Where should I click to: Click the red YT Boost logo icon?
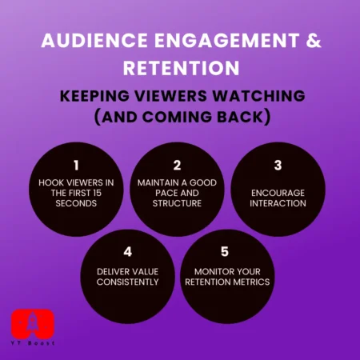(x=31, y=323)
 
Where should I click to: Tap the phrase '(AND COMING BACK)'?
(x=180, y=117)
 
